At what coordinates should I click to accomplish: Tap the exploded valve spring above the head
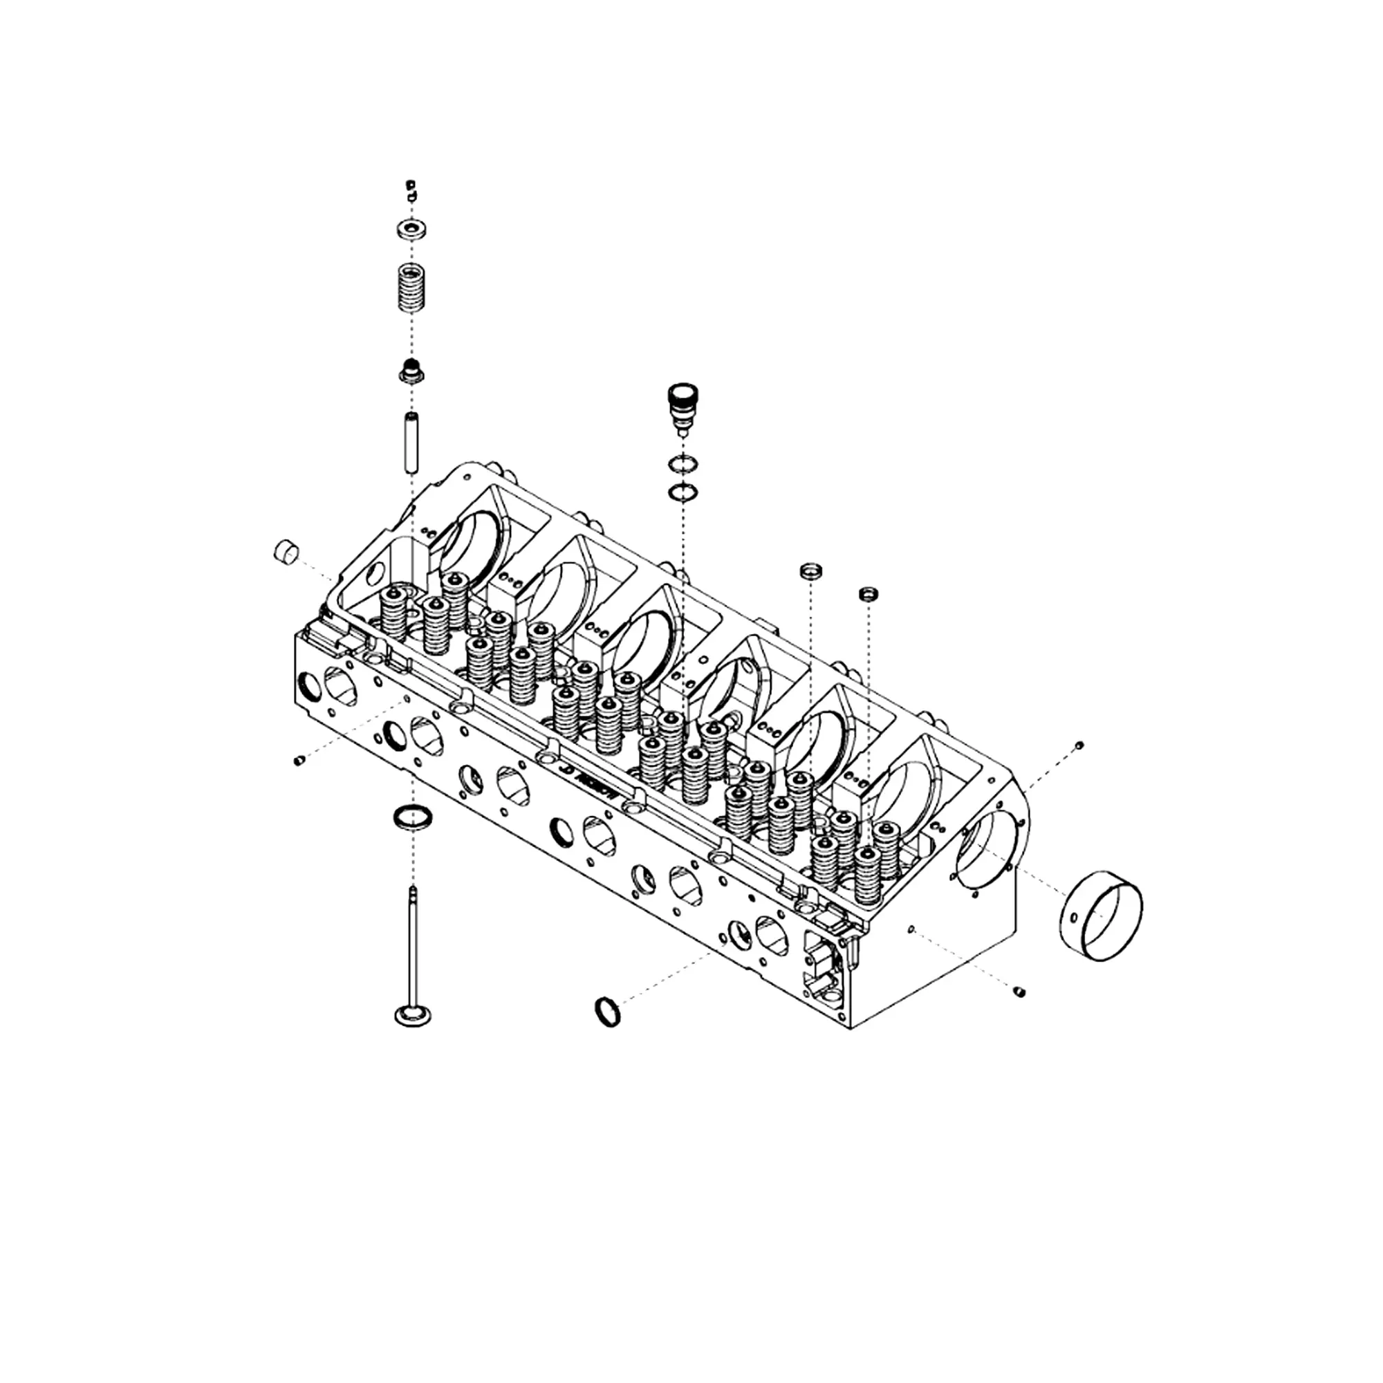pos(410,288)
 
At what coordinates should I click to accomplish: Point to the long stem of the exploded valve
pos(413,945)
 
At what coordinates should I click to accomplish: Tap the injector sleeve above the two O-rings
pos(683,408)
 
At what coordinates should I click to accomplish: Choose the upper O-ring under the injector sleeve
pos(683,465)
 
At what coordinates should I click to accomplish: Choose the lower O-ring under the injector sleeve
pos(683,492)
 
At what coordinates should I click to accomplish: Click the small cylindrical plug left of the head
pos(286,552)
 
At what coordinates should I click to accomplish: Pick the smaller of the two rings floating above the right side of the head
pos(869,593)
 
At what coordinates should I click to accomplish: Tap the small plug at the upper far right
pos(1079,745)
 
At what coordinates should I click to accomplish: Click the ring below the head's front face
pos(607,1012)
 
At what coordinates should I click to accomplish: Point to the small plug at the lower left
pos(299,761)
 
